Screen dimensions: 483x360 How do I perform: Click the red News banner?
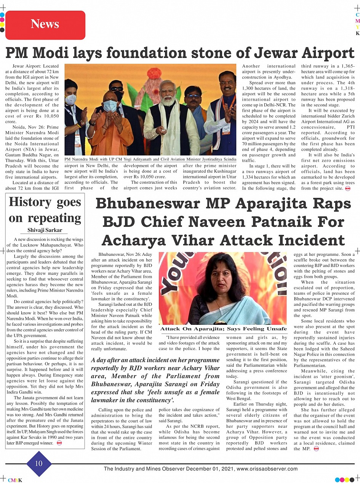[45, 24]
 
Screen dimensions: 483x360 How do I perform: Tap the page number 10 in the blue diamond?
[38, 463]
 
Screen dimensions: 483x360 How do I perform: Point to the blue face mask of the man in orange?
[110, 106]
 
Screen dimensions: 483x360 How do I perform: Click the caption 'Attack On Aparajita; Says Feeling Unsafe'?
[223, 329]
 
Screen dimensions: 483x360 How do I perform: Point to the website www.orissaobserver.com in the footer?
[267, 469]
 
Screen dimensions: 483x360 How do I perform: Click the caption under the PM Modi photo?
[150, 159]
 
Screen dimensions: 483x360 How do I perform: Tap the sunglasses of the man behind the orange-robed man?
[117, 89]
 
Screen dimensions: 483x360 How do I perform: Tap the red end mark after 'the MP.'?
[316, 449]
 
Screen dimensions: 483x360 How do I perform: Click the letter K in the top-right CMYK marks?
[357, 33]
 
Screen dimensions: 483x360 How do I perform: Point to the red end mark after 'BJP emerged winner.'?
[59, 443]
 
